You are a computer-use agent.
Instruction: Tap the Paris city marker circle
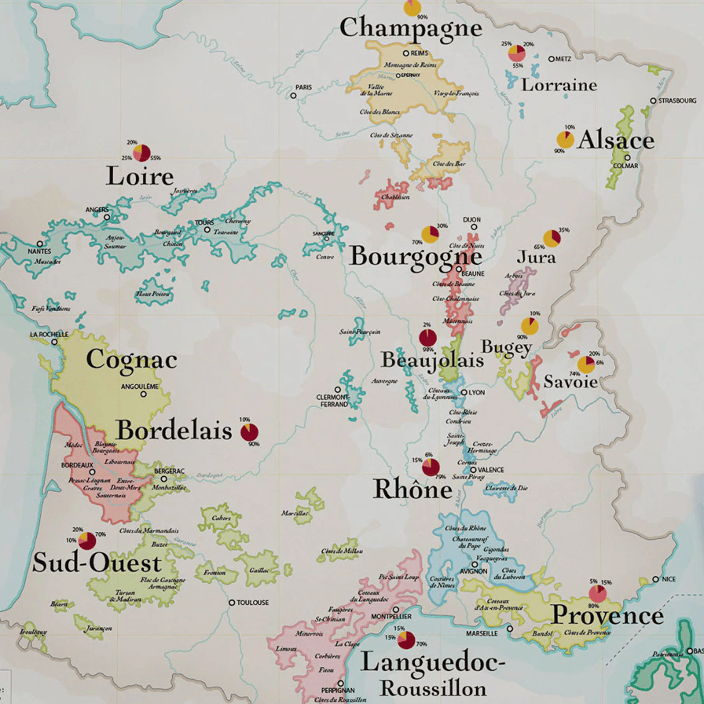pyautogui.click(x=294, y=96)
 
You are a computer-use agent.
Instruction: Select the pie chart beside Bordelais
pyautogui.click(x=249, y=432)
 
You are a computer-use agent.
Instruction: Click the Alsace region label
pyautogui.click(x=616, y=141)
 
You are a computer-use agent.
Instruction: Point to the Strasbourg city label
pyautogui.click(x=678, y=101)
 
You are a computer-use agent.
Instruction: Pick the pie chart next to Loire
pyautogui.click(x=141, y=152)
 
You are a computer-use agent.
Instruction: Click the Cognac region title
pyautogui.click(x=131, y=360)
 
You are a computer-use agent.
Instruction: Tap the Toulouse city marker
pyautogui.click(x=231, y=603)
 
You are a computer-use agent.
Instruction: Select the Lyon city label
pyautogui.click(x=478, y=392)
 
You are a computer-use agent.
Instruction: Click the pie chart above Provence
pyautogui.click(x=598, y=593)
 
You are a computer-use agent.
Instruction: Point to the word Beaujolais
pyautogui.click(x=432, y=360)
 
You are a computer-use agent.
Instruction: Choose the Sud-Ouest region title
pyautogui.click(x=97, y=563)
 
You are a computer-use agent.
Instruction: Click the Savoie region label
pyautogui.click(x=570, y=382)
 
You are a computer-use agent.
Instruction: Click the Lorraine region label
pyautogui.click(x=559, y=85)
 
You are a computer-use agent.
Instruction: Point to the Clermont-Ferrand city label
pyautogui.click(x=332, y=401)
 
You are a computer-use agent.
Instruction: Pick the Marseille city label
pyautogui.click(x=481, y=633)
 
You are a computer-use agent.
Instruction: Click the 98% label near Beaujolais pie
pyautogui.click(x=428, y=350)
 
